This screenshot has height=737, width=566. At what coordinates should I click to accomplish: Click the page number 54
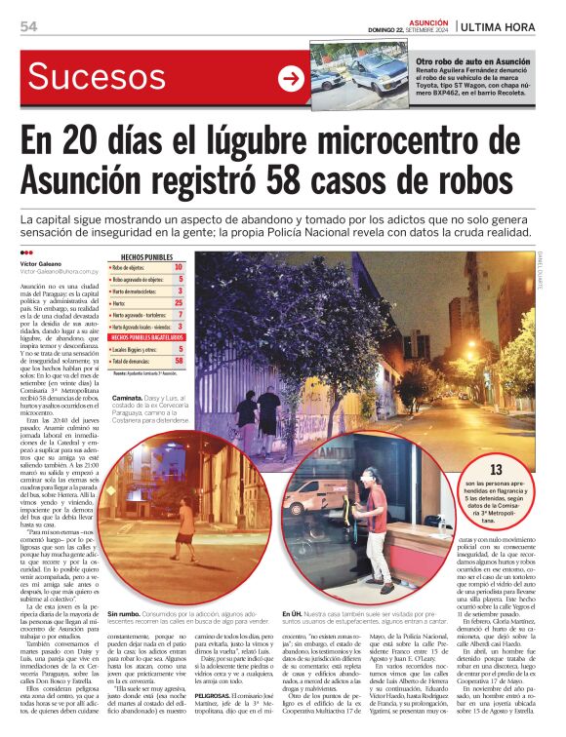(28, 26)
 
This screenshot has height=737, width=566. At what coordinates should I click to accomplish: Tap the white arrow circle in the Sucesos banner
(290, 79)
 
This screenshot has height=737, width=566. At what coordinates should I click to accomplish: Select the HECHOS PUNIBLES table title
(146, 257)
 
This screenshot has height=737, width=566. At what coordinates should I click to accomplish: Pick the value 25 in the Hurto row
(179, 303)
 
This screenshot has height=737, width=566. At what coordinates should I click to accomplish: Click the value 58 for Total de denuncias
(179, 361)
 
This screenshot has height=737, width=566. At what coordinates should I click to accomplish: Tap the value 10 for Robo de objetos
(179, 267)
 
